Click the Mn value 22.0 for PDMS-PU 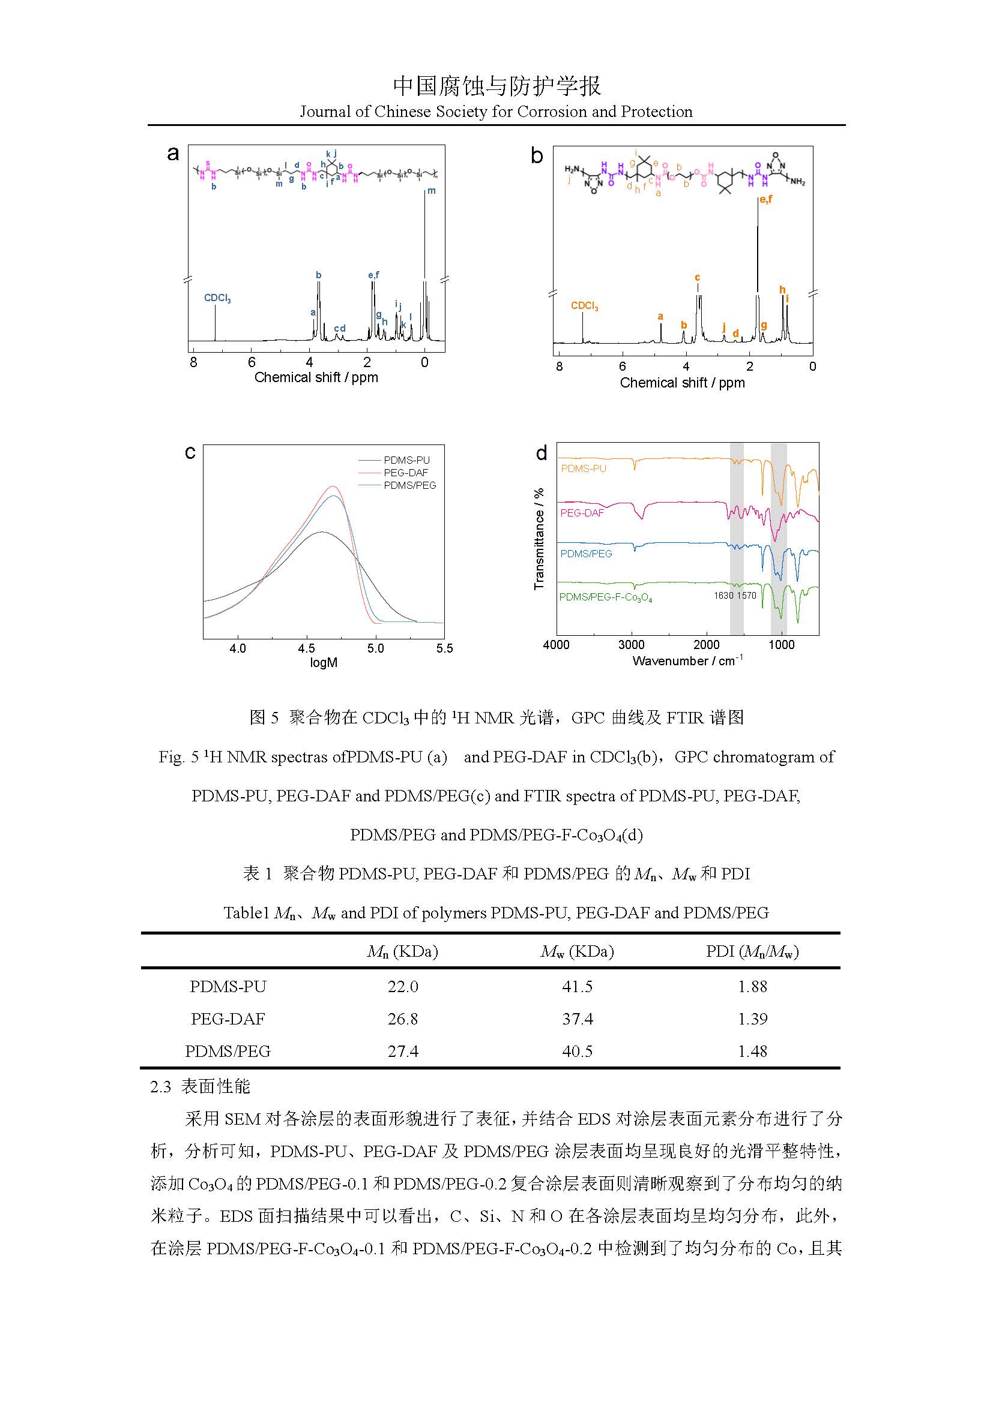(x=402, y=986)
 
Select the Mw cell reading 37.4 (x=577, y=1019)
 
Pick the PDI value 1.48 (x=752, y=1051)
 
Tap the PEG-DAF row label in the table (x=228, y=1019)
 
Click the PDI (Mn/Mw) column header (x=752, y=951)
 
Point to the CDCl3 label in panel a (x=217, y=298)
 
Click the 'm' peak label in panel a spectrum (x=432, y=191)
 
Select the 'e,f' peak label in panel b (x=765, y=199)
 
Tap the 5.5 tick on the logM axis (x=444, y=648)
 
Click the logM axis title (x=324, y=662)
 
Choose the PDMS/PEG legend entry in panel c (x=409, y=485)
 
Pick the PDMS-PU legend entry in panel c (x=406, y=460)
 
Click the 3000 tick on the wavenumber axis (x=631, y=645)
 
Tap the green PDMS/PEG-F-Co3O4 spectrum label (x=605, y=597)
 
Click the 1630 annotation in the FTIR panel (x=723, y=595)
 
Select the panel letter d (x=541, y=453)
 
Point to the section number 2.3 (x=160, y=1086)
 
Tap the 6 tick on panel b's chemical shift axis (x=623, y=366)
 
